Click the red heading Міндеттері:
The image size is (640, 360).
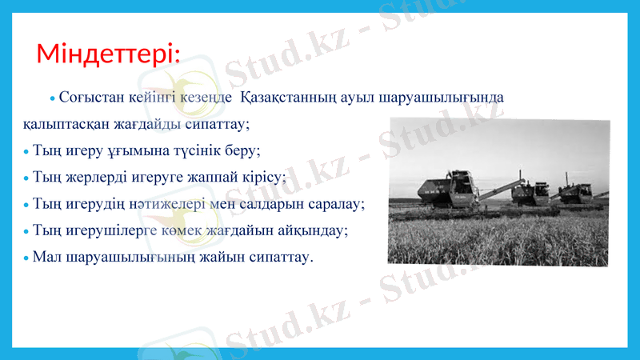[108, 54]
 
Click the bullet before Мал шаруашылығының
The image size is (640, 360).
[26, 259]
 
